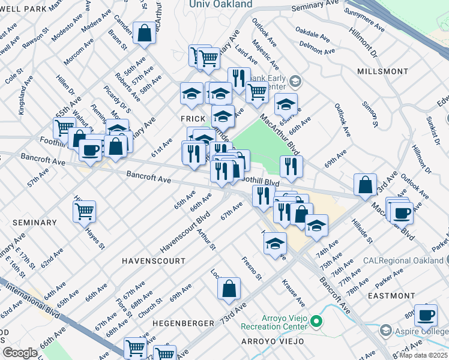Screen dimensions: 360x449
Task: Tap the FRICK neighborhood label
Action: click(193, 119)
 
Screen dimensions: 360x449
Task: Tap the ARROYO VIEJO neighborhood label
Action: click(272, 341)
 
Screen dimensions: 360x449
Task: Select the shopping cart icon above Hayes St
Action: click(85, 211)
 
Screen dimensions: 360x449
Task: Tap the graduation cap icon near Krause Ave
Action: click(275, 244)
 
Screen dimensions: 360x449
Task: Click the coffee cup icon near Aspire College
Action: click(426, 314)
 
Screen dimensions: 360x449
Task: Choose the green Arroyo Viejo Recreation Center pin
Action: click(316, 322)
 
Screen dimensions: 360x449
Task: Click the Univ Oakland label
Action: click(220, 4)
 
